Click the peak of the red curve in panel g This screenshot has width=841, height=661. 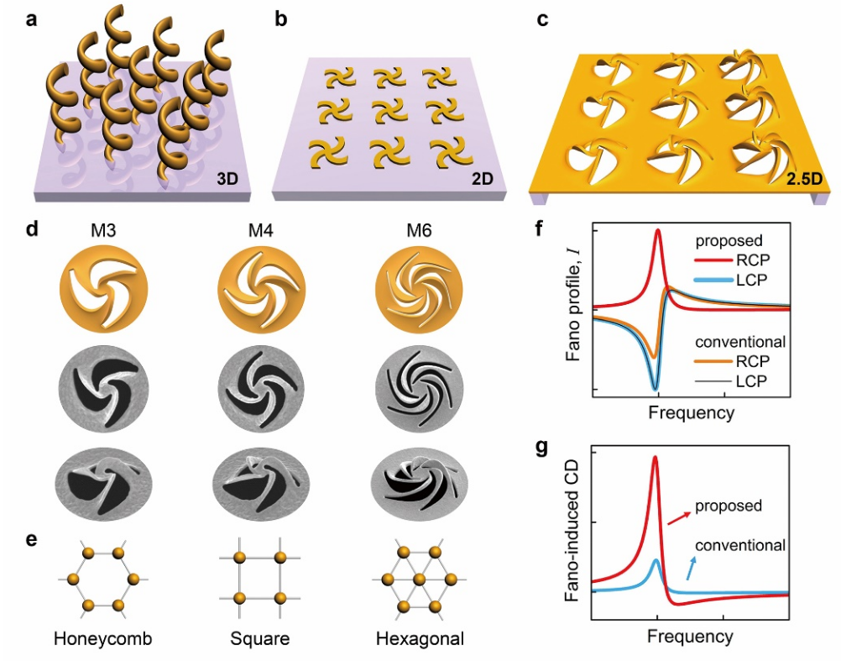[655, 458]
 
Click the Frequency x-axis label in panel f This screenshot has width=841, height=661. [691, 412]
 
